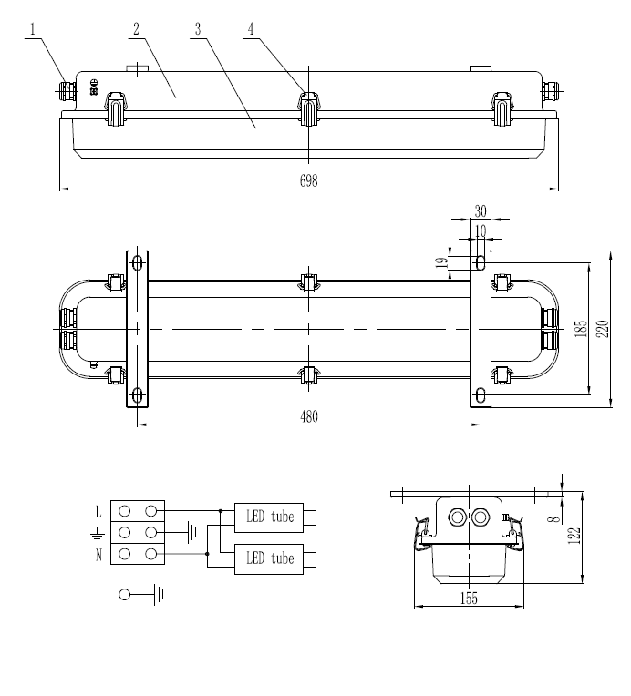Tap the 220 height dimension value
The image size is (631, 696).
coord(602,328)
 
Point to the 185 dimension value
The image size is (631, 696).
coord(581,328)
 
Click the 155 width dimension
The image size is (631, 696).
coord(470,598)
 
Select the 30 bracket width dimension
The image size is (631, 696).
coord(481,211)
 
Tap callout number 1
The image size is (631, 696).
coord(33,29)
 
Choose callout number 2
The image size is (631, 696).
coord(136,29)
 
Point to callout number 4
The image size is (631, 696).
coord(250,29)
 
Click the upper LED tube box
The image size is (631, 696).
coord(270,517)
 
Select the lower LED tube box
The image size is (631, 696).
coord(270,558)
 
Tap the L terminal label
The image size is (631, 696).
coord(98,512)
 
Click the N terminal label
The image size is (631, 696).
coord(98,555)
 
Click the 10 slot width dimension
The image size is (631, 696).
coord(481,231)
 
